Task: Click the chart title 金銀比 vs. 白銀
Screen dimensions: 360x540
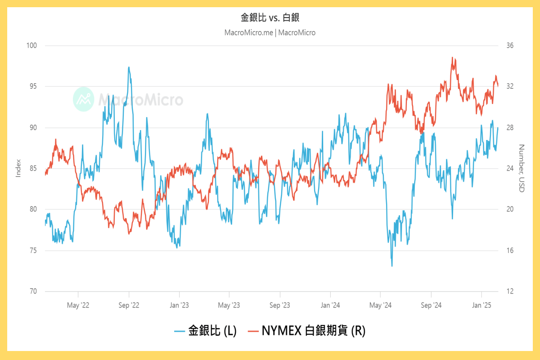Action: click(x=270, y=18)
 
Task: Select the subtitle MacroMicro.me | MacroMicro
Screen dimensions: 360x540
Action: click(x=270, y=32)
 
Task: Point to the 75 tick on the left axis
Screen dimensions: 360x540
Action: click(x=33, y=250)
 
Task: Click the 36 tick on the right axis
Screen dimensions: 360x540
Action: click(x=509, y=45)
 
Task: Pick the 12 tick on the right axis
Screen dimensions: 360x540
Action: click(x=509, y=291)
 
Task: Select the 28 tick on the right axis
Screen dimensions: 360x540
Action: click(x=509, y=127)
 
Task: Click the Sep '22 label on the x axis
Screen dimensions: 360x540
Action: click(x=129, y=306)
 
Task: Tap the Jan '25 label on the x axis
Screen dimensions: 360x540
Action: click(x=481, y=306)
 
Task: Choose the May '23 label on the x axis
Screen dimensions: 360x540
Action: click(x=229, y=306)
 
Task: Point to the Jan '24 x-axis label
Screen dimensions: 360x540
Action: click(x=330, y=306)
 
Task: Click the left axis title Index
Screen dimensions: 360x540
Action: click(x=18, y=168)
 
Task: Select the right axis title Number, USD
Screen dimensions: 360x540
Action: click(x=522, y=168)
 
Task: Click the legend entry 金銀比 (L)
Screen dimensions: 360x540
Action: click(x=206, y=331)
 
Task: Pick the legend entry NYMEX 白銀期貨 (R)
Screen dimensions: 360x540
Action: click(x=307, y=331)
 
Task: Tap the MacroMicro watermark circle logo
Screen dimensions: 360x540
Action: click(x=83, y=99)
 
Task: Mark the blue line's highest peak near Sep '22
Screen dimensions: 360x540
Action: click(x=129, y=67)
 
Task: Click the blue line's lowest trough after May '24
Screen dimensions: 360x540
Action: click(x=391, y=266)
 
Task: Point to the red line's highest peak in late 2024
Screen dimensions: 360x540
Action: click(x=452, y=58)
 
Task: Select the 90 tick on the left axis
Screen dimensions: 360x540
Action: click(x=33, y=127)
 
